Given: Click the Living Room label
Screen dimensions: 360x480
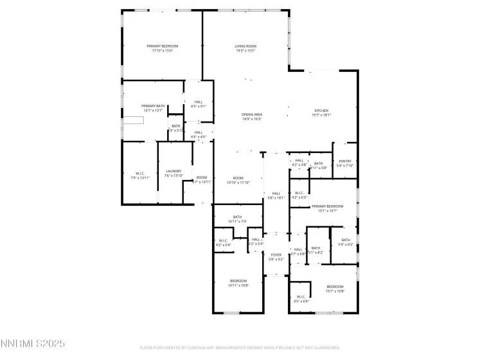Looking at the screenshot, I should [x=245, y=48].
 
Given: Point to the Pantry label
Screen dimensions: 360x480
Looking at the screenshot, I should [x=344, y=163].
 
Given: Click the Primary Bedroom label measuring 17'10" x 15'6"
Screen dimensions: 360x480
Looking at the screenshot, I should [x=162, y=48].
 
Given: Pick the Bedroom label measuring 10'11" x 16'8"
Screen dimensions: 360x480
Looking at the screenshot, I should [x=238, y=283].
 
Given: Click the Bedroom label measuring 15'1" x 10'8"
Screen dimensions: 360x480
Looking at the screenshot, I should [x=335, y=289].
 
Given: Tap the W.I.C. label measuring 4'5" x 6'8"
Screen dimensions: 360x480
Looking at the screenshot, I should [x=301, y=299].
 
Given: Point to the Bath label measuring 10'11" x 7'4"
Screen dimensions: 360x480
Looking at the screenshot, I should [x=237, y=219].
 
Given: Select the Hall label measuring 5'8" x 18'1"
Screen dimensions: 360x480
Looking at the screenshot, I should [x=276, y=195].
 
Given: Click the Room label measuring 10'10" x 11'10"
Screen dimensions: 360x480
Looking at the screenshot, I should [x=238, y=180].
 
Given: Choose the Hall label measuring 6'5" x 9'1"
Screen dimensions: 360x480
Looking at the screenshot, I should [x=199, y=104].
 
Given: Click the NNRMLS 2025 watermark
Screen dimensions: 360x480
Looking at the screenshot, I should [x=33, y=345].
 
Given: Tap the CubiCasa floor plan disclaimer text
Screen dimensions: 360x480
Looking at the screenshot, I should [x=239, y=348].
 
